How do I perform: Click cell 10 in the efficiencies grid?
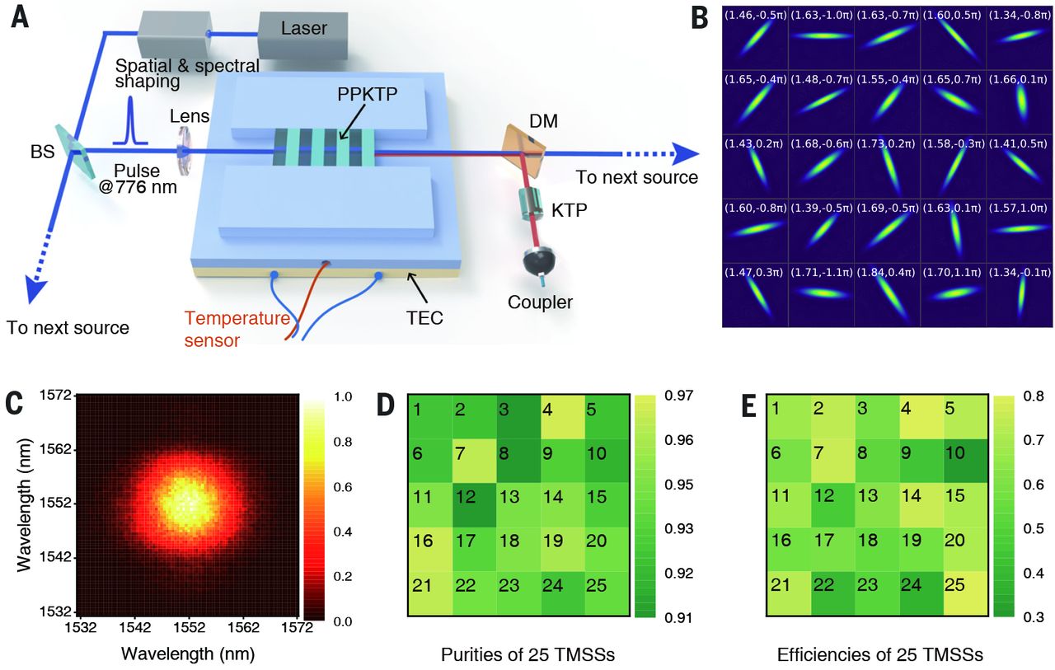click(965, 460)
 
